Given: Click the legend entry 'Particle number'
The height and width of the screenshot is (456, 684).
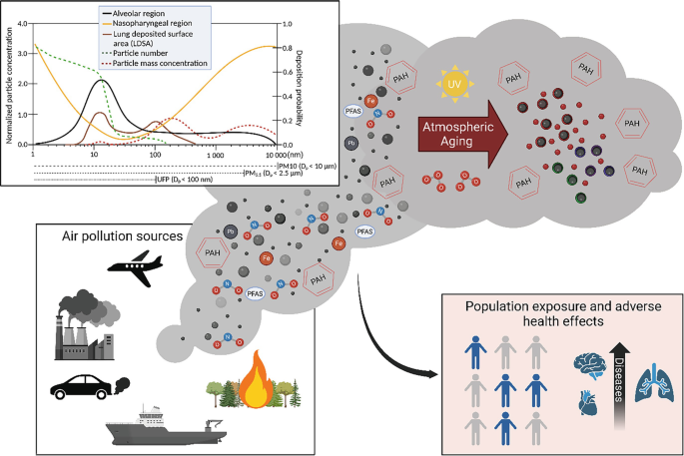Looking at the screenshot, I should (148, 54).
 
